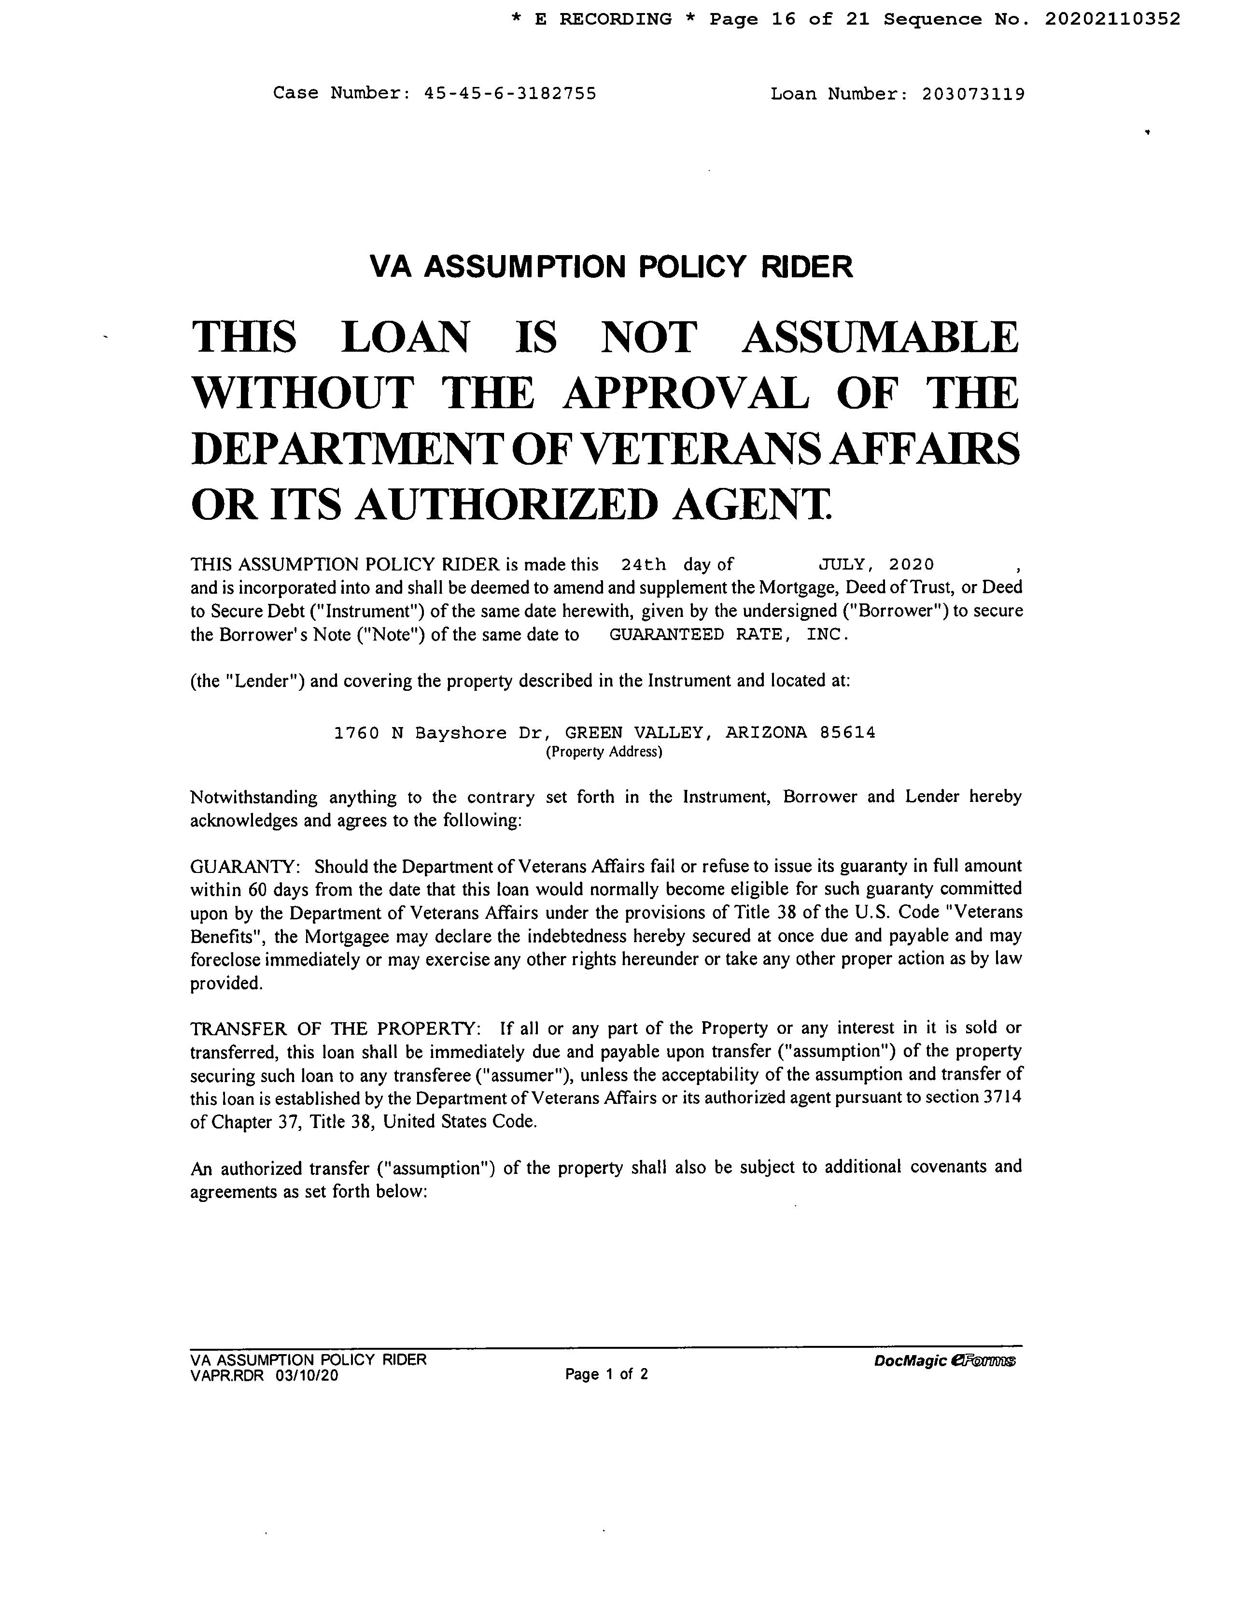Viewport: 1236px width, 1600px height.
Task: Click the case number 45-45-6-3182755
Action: tap(510, 94)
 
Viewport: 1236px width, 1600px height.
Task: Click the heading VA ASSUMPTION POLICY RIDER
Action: tap(611, 267)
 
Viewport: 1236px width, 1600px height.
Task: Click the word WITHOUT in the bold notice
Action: tap(302, 393)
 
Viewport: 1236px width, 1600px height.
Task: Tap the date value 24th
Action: tap(643, 565)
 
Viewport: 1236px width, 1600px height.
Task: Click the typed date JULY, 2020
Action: tap(876, 565)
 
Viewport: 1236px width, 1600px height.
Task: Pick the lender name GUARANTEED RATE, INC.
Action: tap(729, 634)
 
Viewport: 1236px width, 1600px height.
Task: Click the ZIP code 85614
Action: tap(848, 732)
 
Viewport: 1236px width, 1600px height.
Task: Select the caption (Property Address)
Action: tap(604, 752)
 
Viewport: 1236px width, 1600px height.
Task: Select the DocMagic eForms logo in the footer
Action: tap(944, 1362)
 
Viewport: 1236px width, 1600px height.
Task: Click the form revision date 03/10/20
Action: tap(308, 1376)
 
